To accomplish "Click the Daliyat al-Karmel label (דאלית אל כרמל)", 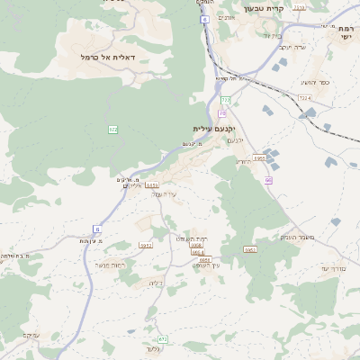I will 107,57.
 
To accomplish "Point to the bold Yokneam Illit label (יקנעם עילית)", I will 213,128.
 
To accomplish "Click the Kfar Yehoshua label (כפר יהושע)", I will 314,82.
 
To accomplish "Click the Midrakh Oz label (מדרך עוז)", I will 337,268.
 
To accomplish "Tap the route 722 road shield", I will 226,100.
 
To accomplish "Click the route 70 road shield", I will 221,113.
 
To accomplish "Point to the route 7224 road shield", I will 304,97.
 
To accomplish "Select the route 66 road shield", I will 267,181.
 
